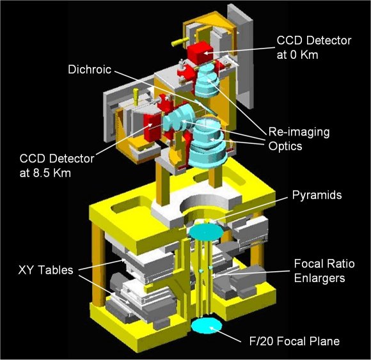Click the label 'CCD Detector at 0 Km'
[313, 47]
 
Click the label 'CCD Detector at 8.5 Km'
[57, 166]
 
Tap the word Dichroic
[90, 70]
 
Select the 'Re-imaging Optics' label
[299, 139]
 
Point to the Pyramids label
[317, 195]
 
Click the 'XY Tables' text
[45, 270]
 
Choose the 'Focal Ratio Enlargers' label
[324, 270]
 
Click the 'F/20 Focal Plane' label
[295, 341]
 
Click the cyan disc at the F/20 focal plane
[207, 326]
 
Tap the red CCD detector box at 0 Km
[200, 52]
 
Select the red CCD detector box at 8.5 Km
[153, 128]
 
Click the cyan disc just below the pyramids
[206, 231]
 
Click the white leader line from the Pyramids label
[250, 209]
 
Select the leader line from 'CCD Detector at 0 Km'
[239, 50]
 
